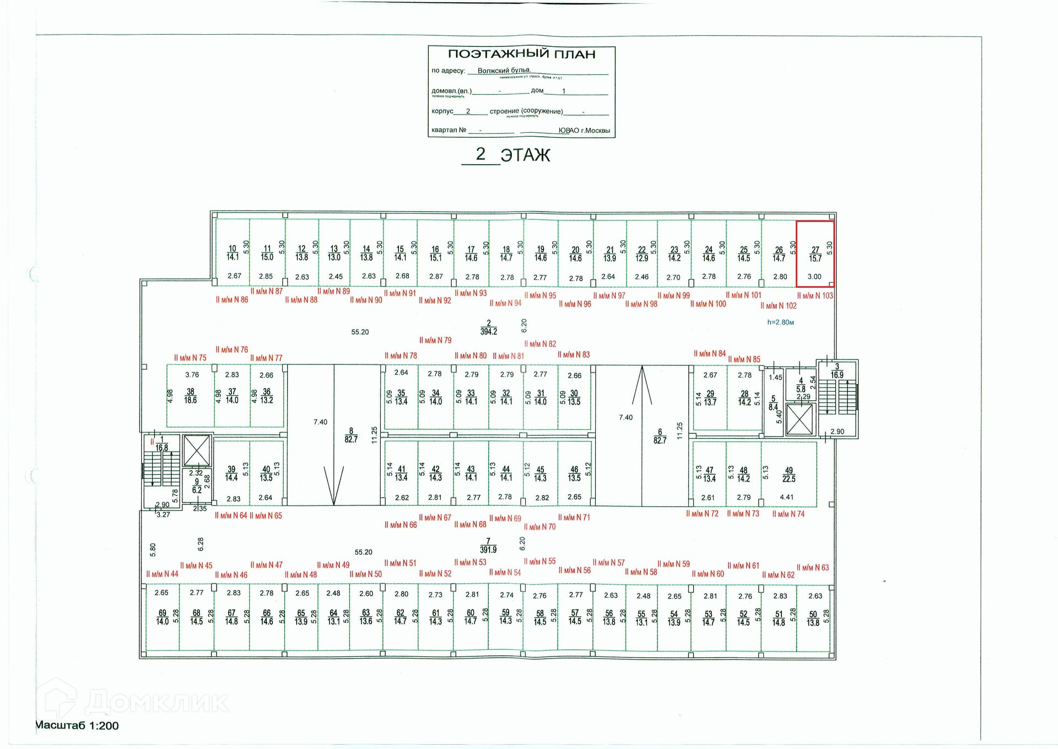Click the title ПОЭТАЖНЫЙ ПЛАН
click(521, 54)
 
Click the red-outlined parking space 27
click(815, 254)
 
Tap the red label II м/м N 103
click(815, 296)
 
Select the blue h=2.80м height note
click(780, 322)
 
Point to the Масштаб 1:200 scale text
click(77, 726)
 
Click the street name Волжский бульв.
click(504, 71)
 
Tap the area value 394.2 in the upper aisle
click(488, 332)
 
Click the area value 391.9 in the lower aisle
click(488, 550)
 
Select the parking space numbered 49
click(789, 475)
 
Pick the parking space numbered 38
click(191, 396)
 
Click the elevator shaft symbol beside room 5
click(800, 419)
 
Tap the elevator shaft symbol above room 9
click(197, 450)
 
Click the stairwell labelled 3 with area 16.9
click(837, 397)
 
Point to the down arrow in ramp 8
click(333, 485)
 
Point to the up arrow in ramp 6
click(642, 386)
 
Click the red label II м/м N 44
click(162, 574)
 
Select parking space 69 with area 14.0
click(162, 617)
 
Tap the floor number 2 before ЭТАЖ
click(481, 154)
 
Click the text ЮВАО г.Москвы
click(584, 131)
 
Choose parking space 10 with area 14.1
click(233, 254)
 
